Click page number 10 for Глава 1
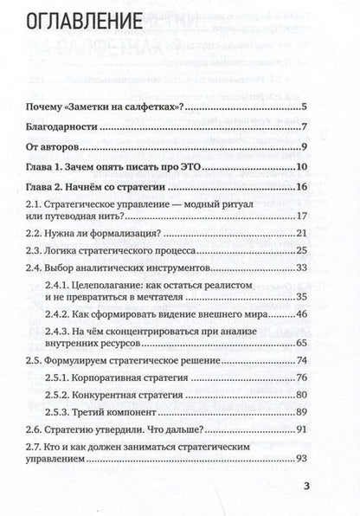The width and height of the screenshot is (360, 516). point(302,166)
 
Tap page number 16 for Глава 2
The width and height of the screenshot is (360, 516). point(302,186)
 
